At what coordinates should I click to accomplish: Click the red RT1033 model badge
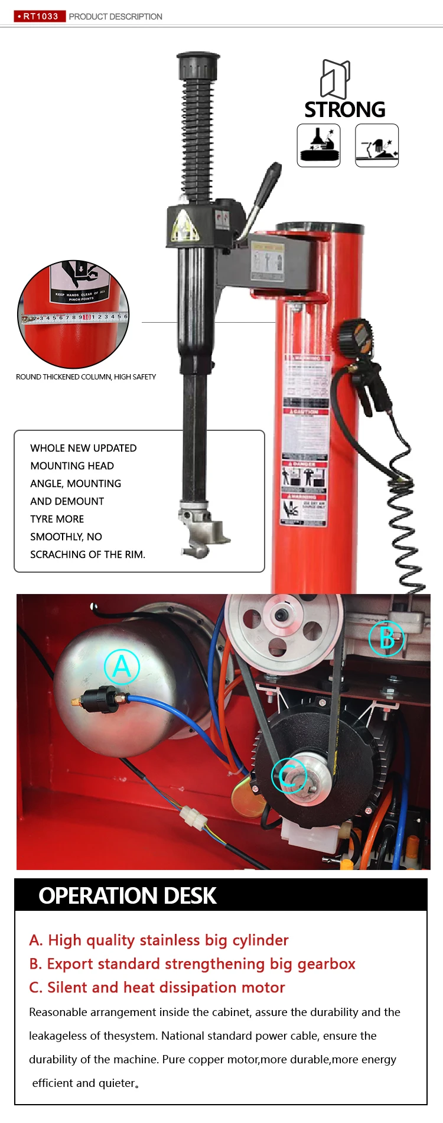(x=40, y=16)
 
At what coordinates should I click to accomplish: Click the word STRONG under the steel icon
(x=345, y=110)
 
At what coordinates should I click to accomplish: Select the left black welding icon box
(x=319, y=145)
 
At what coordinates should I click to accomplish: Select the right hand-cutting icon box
(x=377, y=145)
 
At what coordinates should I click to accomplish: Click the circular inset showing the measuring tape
(x=74, y=314)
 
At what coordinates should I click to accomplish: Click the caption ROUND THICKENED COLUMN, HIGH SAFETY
(x=86, y=377)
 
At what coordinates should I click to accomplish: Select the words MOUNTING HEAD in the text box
(x=72, y=466)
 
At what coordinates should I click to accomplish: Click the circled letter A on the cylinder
(x=122, y=667)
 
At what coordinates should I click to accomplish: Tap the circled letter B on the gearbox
(x=386, y=638)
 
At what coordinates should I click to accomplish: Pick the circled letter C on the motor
(x=289, y=775)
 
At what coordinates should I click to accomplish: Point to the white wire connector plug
(x=194, y=819)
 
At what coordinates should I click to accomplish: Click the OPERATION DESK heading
(x=128, y=896)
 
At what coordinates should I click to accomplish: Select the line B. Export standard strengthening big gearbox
(x=192, y=964)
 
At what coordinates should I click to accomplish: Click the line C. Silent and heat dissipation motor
(x=157, y=988)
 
